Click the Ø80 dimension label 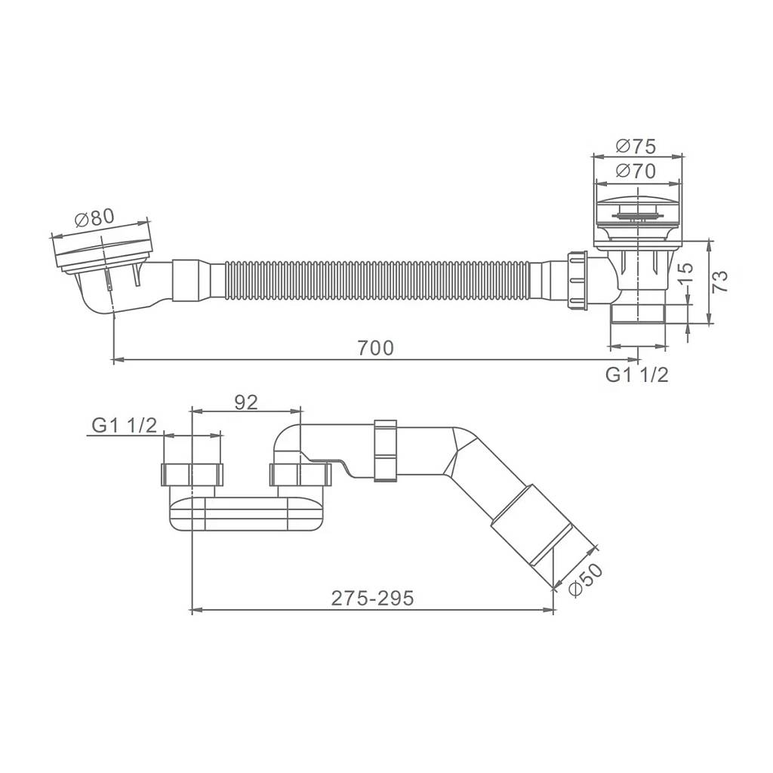tap(94, 217)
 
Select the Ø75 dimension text tap(636, 146)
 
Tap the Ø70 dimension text tap(636, 171)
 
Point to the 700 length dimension tap(376, 348)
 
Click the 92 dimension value tap(246, 402)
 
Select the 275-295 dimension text tap(373, 598)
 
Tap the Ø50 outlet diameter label tap(586, 581)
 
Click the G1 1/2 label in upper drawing tap(637, 375)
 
